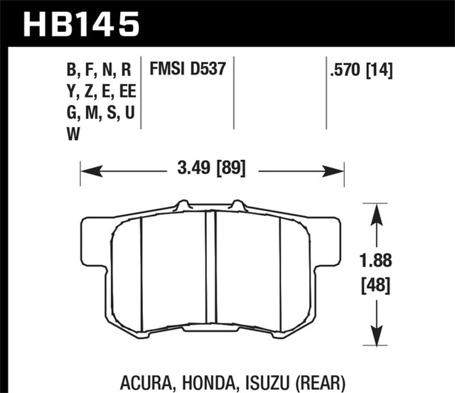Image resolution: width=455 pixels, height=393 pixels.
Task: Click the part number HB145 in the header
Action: coord(81,22)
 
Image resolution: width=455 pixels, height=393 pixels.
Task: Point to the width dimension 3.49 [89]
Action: coord(212,171)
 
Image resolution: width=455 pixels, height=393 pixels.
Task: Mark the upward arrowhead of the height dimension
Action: coord(374,209)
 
